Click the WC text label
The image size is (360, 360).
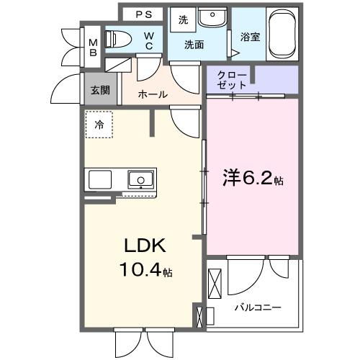(148, 40)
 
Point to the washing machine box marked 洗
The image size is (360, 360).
(183, 20)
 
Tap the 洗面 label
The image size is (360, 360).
(194, 45)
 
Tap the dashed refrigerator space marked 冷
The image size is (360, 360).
(99, 124)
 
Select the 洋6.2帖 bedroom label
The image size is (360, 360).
(252, 178)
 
